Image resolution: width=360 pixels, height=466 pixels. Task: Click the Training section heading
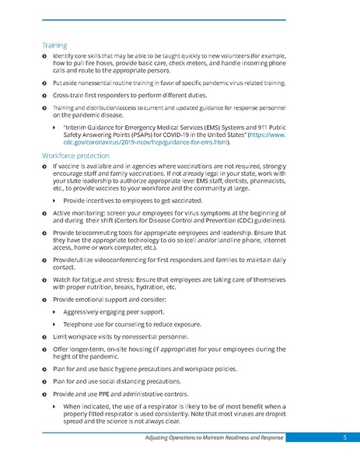pyautogui.click(x=54, y=45)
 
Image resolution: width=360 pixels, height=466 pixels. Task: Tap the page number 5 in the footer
pyautogui.click(x=344, y=439)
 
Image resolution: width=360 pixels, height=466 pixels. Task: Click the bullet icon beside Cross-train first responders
pyautogui.click(x=44, y=93)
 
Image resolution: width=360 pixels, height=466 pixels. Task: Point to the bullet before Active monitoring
pyautogui.click(x=44, y=212)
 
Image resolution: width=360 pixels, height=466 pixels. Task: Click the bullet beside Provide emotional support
pyautogui.click(x=44, y=300)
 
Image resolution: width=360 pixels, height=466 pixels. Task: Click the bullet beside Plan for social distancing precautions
pyautogui.click(x=44, y=382)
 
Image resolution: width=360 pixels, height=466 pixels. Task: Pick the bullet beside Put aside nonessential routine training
pyautogui.click(x=44, y=82)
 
